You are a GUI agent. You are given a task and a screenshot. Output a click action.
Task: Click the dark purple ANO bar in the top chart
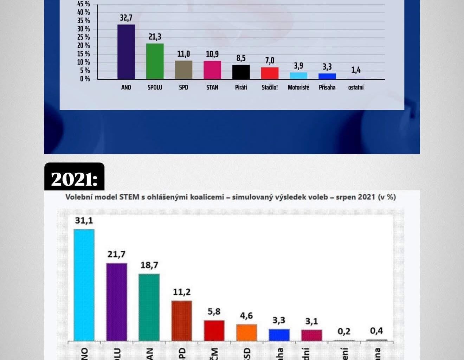126,52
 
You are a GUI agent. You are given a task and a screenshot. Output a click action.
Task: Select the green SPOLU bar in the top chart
155,61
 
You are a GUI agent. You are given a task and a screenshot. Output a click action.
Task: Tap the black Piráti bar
241,72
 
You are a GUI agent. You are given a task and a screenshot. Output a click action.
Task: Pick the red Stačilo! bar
270,73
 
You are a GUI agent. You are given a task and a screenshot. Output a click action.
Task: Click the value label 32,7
126,18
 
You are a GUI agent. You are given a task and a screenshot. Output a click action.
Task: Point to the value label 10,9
212,54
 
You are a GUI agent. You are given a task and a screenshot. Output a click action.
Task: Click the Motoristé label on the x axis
298,87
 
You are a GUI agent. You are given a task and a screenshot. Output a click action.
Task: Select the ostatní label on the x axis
356,87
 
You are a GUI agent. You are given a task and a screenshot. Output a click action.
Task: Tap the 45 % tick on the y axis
84,4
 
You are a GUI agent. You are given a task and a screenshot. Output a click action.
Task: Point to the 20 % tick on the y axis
84,46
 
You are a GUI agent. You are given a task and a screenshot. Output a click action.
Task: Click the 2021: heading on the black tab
74,179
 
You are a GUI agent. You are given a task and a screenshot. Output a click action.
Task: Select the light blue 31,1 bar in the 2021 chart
84,285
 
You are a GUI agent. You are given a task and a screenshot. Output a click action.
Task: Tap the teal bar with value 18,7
149,307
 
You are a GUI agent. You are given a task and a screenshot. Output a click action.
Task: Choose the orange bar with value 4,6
246,332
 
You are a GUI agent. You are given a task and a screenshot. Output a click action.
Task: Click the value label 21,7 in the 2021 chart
116,254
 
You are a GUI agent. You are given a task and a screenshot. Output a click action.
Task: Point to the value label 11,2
182,292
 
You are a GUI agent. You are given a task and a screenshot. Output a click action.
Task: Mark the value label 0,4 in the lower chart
376,331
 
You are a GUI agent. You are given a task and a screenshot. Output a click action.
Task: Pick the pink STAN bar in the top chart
212,70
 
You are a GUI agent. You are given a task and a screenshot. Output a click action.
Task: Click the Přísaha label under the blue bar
327,87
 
